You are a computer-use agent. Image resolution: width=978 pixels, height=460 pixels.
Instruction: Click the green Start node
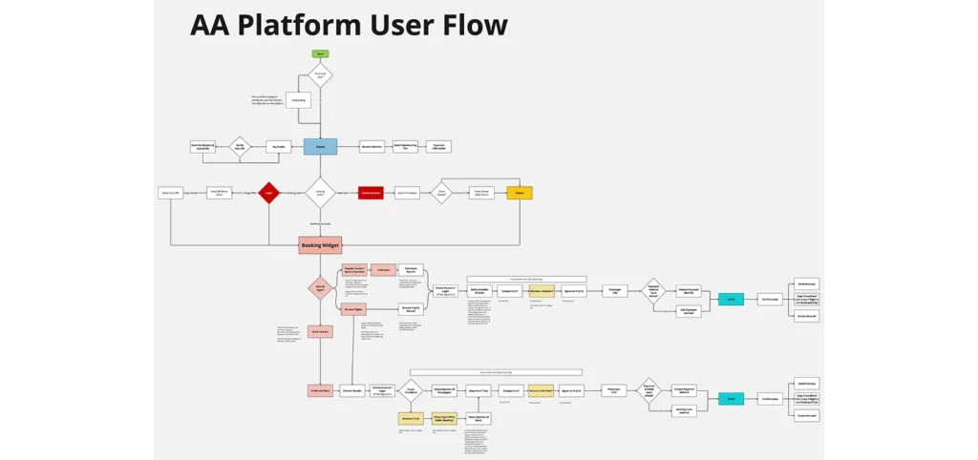[320, 52]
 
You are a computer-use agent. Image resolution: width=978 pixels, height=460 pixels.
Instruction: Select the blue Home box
[320, 147]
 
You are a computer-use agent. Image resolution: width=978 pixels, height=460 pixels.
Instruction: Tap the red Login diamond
[269, 193]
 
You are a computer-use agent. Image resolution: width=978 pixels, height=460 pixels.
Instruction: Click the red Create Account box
[371, 193]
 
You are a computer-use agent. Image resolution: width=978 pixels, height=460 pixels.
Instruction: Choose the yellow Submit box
[520, 193]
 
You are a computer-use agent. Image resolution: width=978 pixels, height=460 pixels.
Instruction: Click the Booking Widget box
[320, 245]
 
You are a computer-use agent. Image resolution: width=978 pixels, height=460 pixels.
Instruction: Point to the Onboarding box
[298, 100]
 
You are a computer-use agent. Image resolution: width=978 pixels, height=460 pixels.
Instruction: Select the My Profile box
[278, 147]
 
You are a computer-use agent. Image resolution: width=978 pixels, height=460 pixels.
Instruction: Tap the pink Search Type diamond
[320, 288]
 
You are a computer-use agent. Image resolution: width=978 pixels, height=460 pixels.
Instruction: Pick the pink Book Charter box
[320, 332]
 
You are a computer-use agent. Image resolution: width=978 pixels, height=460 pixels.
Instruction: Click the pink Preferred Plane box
[320, 390]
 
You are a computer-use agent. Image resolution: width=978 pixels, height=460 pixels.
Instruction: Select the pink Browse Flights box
[354, 309]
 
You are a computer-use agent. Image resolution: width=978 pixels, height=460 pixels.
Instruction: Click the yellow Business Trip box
[411, 418]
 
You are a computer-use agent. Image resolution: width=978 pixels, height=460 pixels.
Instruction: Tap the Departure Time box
[478, 390]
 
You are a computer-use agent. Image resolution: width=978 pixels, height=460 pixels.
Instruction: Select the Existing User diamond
[320, 193]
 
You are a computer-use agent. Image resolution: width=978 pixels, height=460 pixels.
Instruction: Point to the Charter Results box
[351, 390]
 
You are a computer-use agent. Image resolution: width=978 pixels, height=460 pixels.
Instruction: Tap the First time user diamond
[320, 75]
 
